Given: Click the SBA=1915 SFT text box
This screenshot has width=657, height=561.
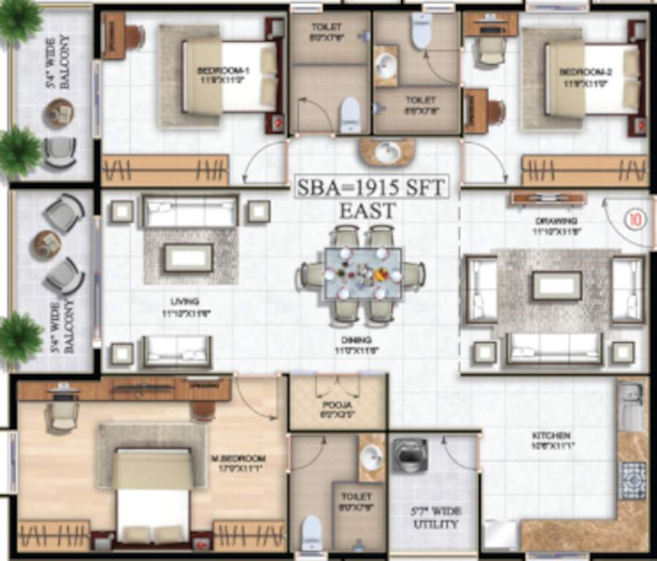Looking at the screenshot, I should pyautogui.click(x=371, y=188).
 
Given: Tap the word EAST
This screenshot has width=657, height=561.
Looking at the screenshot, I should pyautogui.click(x=367, y=212).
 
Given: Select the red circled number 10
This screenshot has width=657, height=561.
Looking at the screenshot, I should pyautogui.click(x=634, y=218).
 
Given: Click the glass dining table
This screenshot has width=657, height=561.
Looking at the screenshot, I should pyautogui.click(x=363, y=272).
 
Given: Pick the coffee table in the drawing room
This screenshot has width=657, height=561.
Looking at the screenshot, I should pyautogui.click(x=556, y=286).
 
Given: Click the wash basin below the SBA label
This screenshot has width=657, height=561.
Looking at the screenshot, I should pyautogui.click(x=387, y=152).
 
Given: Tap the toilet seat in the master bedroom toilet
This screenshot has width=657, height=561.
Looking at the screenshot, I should pyautogui.click(x=311, y=530).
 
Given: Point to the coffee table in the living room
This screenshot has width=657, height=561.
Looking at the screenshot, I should pyautogui.click(x=188, y=257).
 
